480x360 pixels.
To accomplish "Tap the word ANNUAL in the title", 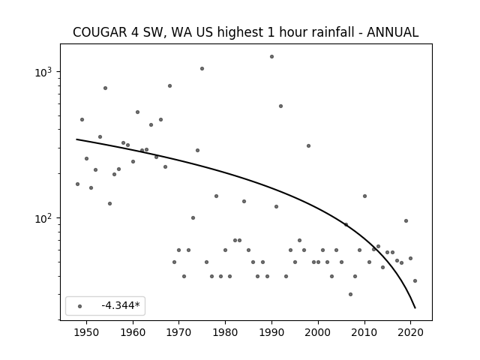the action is pyautogui.click(x=392, y=32).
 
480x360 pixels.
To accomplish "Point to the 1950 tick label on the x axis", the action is pyautogui.click(x=87, y=332).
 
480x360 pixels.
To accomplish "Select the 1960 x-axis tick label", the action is pyautogui.click(x=133, y=332).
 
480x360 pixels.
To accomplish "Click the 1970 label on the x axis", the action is pyautogui.click(x=179, y=332).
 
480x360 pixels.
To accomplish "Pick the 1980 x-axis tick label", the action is pyautogui.click(x=225, y=332).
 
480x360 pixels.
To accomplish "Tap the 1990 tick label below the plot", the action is pyautogui.click(x=271, y=332).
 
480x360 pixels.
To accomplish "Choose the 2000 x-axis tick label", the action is pyautogui.click(x=318, y=332).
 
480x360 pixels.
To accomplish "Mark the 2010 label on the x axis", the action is pyautogui.click(x=364, y=332).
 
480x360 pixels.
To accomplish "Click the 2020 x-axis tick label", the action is pyautogui.click(x=410, y=332).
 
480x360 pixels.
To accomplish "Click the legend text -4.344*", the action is pyautogui.click(x=121, y=305).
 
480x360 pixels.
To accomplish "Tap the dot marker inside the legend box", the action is pyautogui.click(x=80, y=306).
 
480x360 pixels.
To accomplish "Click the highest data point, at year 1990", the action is pyautogui.click(x=271, y=57).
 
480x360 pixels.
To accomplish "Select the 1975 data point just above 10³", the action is pyautogui.click(x=202, y=68).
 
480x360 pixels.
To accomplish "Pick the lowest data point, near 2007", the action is pyautogui.click(x=350, y=294).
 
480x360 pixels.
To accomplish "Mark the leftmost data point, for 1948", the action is pyautogui.click(x=77, y=184).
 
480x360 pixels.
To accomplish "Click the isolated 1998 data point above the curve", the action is pyautogui.click(x=308, y=145).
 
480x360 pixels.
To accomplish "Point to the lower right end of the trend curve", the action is pyautogui.click(x=415, y=308).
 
